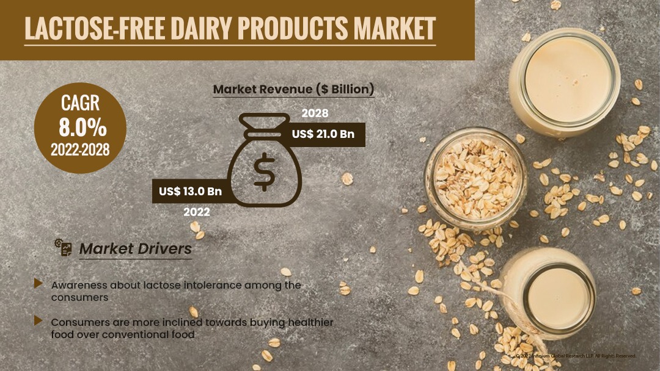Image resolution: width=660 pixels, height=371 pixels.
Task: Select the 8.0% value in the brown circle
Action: pyautogui.click(x=82, y=128)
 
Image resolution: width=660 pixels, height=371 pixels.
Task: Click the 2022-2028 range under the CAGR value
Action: pyautogui.click(x=80, y=149)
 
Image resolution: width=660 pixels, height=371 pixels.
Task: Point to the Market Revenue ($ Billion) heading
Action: pyautogui.click(x=293, y=90)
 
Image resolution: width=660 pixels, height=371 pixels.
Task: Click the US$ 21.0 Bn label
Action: pyautogui.click(x=323, y=134)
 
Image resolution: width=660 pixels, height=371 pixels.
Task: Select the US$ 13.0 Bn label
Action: pyautogui.click(x=190, y=191)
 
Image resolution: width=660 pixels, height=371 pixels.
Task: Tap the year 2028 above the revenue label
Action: pyautogui.click(x=315, y=113)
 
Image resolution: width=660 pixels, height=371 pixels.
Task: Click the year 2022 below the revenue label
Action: pyautogui.click(x=197, y=212)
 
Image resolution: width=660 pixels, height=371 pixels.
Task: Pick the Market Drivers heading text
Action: pyautogui.click(x=136, y=249)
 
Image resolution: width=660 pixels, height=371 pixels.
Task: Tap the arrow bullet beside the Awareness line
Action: pyautogui.click(x=38, y=284)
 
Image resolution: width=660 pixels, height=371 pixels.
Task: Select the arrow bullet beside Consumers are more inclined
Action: pyautogui.click(x=38, y=320)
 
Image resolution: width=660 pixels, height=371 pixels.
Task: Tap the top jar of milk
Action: pyautogui.click(x=565, y=80)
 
